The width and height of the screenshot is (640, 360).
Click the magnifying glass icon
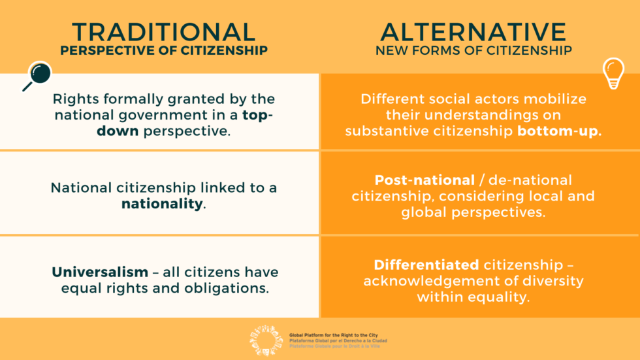coord(37,75)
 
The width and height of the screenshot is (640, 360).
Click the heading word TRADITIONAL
coord(163,31)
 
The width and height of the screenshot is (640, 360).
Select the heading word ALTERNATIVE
coord(473,31)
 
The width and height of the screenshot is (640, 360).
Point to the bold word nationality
coord(162,204)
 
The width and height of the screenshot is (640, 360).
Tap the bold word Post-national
coord(424,180)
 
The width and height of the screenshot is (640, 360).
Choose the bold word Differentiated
coord(426,265)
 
